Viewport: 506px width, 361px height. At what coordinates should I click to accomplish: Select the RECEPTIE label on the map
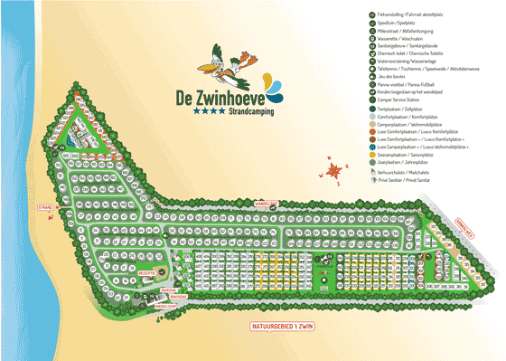(x=147, y=271)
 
